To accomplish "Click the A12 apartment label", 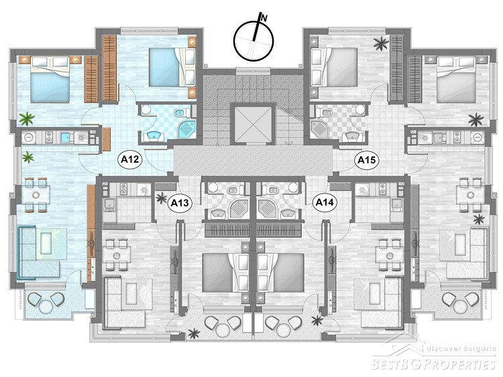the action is point(129,159).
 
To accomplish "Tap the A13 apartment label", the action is point(179,202).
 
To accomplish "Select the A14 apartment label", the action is point(325,202).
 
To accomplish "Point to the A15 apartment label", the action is point(366,159).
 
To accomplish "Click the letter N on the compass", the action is point(264,18).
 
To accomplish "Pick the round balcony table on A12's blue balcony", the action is point(46,307).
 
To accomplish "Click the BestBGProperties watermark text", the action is point(433,364).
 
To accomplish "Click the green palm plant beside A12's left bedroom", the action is point(27,119).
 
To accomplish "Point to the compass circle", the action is point(254,41).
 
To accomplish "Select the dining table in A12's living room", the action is point(36,194).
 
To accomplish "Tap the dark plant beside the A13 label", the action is point(160,198).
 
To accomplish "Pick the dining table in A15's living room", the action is point(470,195).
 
